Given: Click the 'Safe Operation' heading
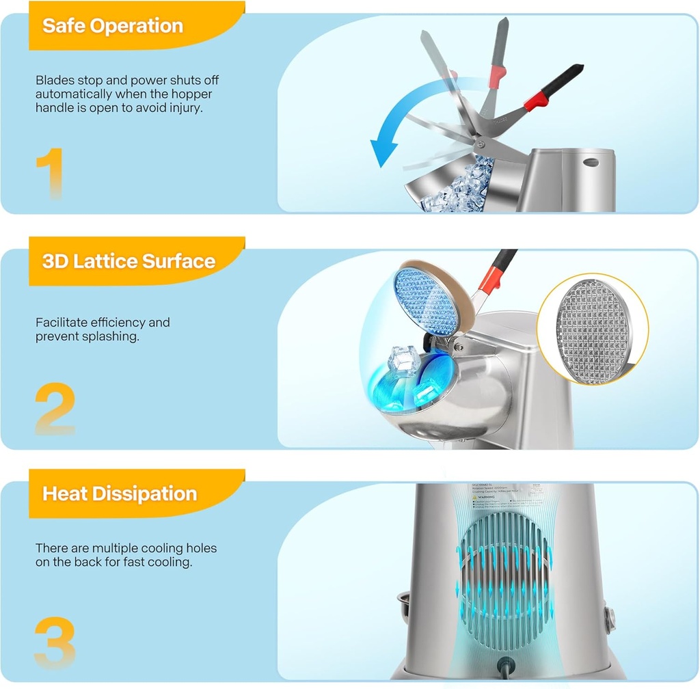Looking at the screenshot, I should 113,26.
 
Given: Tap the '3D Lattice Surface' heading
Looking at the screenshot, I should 129,260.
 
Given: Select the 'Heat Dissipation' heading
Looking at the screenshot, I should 120,493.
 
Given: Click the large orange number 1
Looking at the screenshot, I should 49,174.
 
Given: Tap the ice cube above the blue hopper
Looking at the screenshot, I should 403,361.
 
